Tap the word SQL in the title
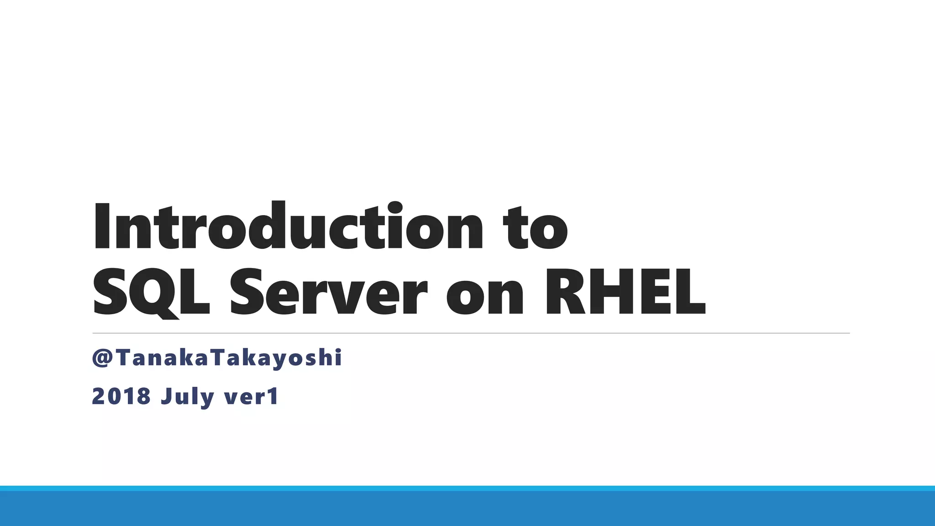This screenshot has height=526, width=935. coord(151,293)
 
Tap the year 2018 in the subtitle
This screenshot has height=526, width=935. coord(121,396)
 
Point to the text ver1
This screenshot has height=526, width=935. coord(251,396)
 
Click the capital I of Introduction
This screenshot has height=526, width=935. coord(101,227)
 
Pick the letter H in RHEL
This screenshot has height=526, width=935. coord(616,293)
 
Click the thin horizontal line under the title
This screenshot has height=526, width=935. coord(471,333)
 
